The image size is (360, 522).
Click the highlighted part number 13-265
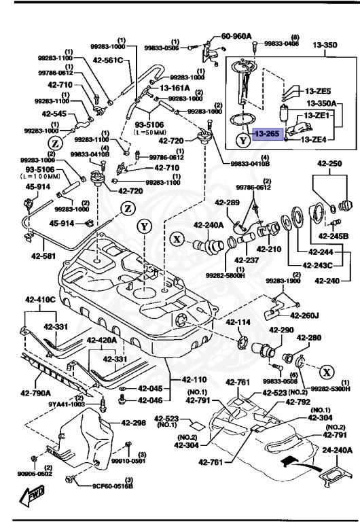266,135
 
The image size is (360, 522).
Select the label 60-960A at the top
236,36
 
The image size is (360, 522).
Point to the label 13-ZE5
317,90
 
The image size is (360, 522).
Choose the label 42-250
330,164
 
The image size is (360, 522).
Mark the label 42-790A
35,392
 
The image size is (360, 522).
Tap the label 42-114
238,322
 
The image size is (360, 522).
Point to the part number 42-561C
109,60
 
